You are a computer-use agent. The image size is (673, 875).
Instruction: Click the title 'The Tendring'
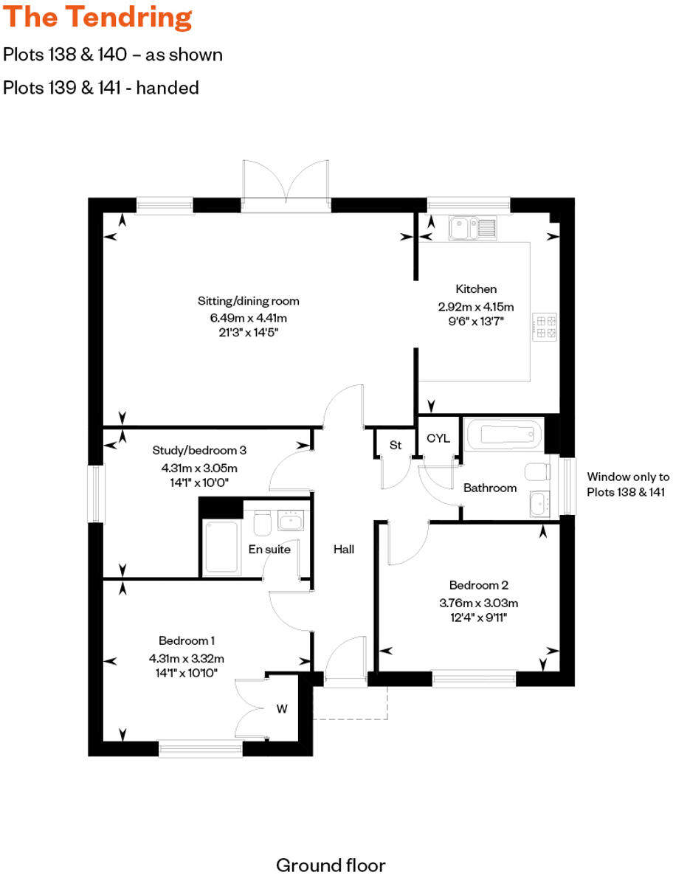[x=97, y=18]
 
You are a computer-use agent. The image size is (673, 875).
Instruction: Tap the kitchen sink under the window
[x=472, y=229]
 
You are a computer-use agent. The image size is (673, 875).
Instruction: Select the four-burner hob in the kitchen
[x=546, y=327]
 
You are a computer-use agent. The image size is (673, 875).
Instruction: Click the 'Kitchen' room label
[x=476, y=289]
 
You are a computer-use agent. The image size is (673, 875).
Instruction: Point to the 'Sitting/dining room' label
[x=249, y=301]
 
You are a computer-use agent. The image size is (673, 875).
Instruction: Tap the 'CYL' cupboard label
[x=438, y=438]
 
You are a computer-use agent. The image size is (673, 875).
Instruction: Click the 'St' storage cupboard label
[x=396, y=445]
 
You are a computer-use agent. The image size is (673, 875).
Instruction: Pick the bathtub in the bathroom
[x=504, y=435]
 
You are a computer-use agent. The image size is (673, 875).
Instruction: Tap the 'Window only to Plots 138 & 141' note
[x=628, y=485]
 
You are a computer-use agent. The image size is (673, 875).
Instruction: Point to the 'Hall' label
[x=344, y=549]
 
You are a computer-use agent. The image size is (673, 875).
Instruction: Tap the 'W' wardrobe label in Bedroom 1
[x=282, y=709]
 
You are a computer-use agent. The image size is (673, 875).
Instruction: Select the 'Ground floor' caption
[x=331, y=865]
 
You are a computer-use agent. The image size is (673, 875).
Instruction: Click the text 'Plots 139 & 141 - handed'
[x=101, y=88]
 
